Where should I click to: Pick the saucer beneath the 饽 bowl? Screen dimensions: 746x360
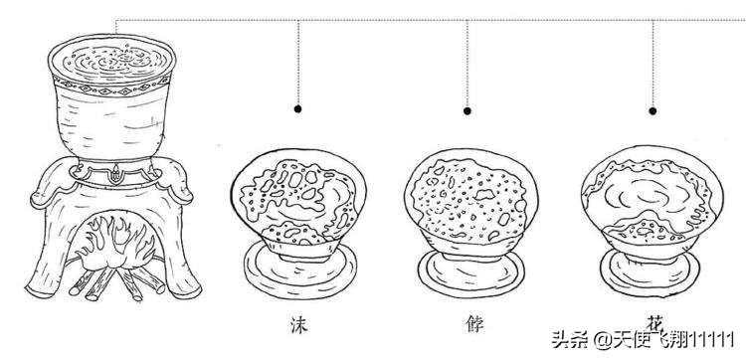coord(466,270)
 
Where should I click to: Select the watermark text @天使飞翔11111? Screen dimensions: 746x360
coord(676,338)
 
